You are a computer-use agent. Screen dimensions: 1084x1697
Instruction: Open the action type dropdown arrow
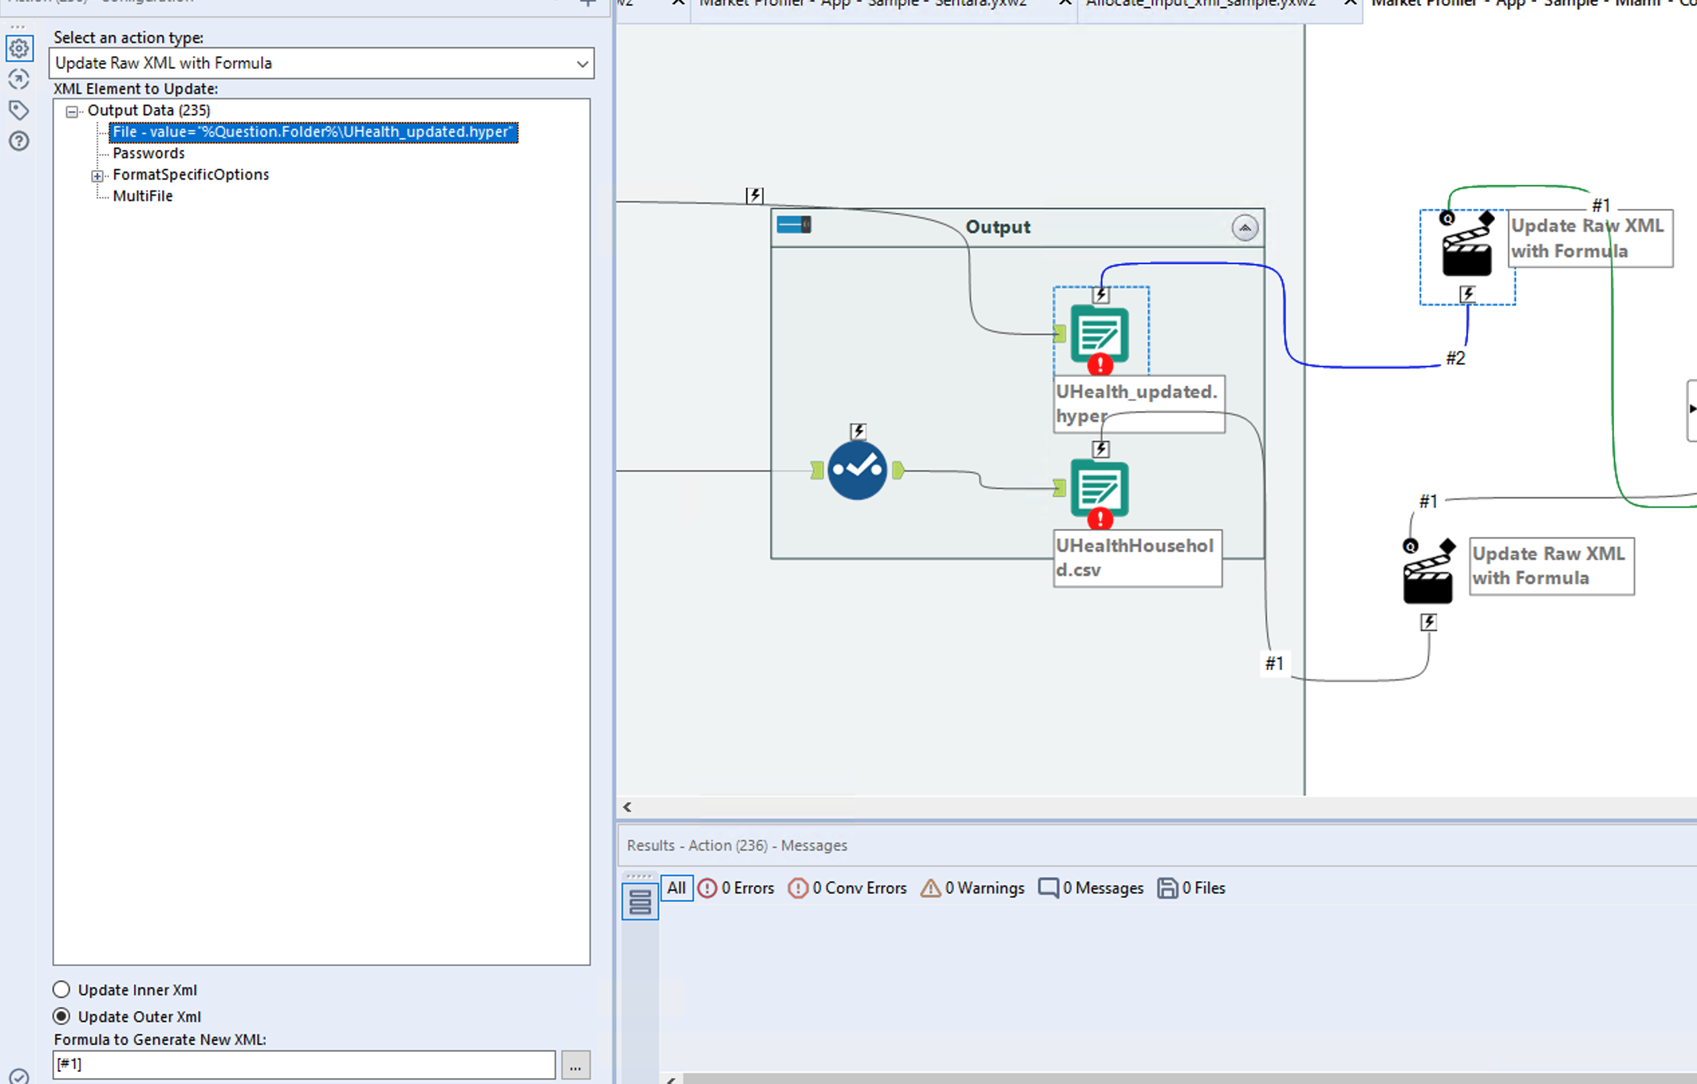tap(581, 64)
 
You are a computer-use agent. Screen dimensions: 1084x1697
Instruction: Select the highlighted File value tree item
tap(312, 132)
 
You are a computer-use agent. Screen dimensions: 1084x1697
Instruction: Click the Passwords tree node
tap(148, 153)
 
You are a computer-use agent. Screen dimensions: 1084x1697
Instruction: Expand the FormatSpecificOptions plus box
tap(97, 176)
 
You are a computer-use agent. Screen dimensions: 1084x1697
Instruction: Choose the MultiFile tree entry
tap(143, 196)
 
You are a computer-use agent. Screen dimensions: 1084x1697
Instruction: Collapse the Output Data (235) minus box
tap(72, 111)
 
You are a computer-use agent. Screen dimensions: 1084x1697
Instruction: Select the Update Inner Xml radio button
tap(62, 990)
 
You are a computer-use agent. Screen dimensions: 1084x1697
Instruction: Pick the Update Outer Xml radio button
tap(62, 1016)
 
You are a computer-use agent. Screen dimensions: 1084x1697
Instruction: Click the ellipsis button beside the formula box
tap(575, 1065)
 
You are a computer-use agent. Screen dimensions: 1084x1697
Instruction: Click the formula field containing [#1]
tap(303, 1065)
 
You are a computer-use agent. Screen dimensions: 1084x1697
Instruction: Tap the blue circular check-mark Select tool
tap(857, 470)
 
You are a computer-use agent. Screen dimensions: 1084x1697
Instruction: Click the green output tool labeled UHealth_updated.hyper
tap(1099, 334)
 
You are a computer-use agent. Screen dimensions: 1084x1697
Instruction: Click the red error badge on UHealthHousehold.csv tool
tap(1100, 519)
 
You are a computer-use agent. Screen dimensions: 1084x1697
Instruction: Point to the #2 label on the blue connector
tap(1455, 358)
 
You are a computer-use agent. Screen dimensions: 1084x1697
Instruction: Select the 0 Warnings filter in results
tap(972, 888)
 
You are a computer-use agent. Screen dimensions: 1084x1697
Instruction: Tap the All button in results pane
tap(676, 888)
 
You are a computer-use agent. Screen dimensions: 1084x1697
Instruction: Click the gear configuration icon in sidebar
tap(19, 49)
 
